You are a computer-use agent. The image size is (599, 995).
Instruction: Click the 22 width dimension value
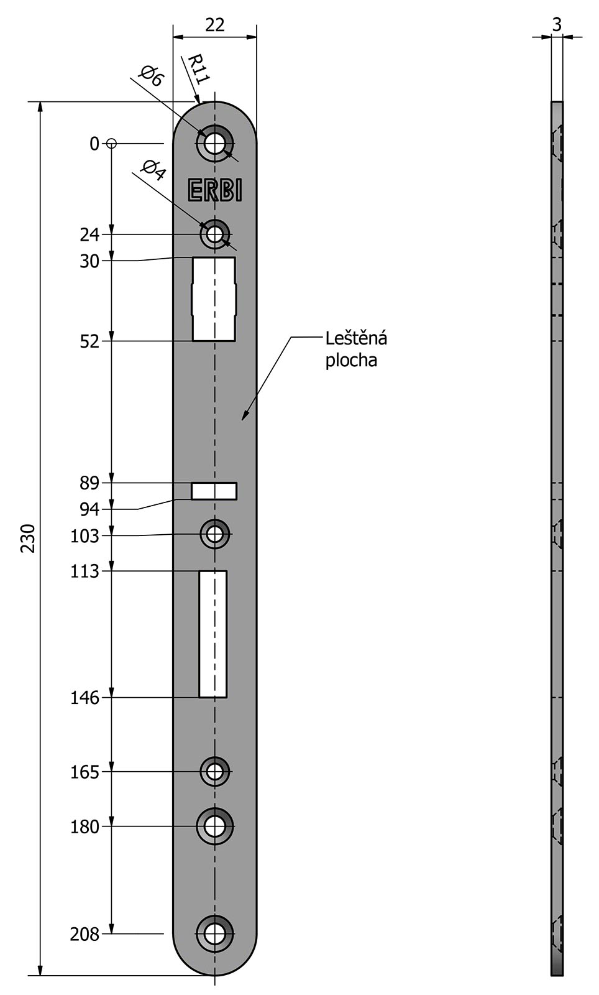point(215,25)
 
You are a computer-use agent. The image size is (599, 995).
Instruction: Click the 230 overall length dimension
point(29,538)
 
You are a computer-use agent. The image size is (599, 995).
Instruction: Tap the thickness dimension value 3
point(557,25)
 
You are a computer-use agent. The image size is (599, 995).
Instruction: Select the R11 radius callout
point(198,69)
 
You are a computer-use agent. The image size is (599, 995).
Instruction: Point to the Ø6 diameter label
point(152,75)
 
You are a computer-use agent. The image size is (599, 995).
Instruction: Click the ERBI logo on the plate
point(215,190)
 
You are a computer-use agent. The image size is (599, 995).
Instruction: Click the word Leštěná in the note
point(356,338)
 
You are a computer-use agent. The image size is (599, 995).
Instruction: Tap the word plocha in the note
point(352,360)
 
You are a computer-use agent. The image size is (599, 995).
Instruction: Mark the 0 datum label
point(94,144)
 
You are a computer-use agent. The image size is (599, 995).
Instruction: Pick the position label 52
point(89,341)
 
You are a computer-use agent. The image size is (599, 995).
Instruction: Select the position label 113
point(85,572)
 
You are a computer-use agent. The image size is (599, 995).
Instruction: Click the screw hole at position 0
point(215,144)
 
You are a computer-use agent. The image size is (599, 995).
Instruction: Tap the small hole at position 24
point(215,234)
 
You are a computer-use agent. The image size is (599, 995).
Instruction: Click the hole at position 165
point(215,772)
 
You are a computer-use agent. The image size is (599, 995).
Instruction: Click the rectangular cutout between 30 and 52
point(214,299)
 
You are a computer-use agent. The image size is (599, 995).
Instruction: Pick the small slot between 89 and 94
point(214,491)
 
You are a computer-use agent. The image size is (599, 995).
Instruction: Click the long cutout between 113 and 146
point(213,634)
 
